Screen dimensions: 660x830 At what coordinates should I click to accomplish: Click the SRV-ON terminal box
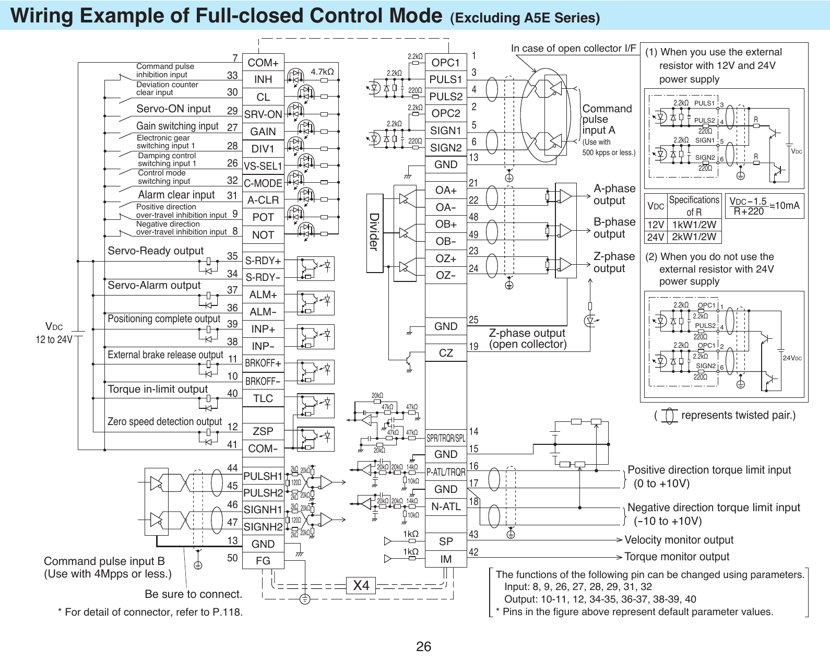tap(263, 114)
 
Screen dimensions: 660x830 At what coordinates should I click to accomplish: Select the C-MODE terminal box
tap(263, 183)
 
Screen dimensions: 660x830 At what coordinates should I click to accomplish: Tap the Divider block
tap(374, 232)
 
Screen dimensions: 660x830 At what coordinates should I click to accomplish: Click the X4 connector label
tap(361, 585)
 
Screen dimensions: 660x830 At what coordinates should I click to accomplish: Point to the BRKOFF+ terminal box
tap(263, 363)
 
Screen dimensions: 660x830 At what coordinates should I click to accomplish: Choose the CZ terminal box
tap(446, 353)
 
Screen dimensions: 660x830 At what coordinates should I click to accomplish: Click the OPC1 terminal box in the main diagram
tap(446, 63)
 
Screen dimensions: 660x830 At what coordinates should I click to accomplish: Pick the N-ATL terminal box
tap(446, 506)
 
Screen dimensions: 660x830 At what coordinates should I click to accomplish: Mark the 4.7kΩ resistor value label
tap(322, 72)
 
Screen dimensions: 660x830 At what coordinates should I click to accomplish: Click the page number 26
tap(423, 646)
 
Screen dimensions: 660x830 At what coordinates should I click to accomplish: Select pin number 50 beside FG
tap(232, 558)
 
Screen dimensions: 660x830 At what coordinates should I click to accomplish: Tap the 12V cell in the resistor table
tap(656, 225)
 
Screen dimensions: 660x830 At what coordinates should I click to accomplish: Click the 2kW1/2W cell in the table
tap(694, 237)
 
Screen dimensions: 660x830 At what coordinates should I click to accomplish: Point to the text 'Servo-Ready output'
tap(156, 251)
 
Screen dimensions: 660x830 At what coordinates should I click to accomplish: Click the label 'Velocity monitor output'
tap(679, 540)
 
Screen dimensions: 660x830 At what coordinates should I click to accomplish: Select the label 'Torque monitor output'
tap(677, 557)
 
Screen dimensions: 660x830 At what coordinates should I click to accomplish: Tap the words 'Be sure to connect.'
tap(193, 594)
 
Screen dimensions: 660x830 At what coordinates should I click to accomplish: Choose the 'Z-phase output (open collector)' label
tap(527, 338)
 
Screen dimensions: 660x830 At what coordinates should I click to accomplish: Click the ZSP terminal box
tap(263, 431)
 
